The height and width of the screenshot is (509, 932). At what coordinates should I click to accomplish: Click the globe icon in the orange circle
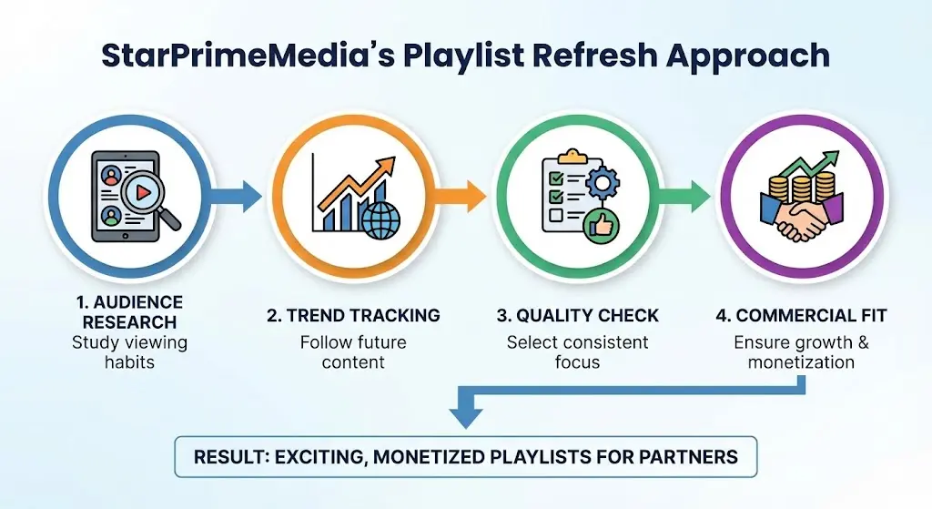coord(380,221)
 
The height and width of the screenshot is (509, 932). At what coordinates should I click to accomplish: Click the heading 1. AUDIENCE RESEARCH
coord(129,312)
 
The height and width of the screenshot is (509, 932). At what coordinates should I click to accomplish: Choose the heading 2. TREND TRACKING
coord(353,316)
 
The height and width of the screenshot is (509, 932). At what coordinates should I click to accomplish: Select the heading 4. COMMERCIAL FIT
coord(801,316)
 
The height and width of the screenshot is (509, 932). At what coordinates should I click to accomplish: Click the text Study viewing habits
coord(129,352)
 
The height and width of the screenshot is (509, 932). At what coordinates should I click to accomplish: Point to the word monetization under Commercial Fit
coord(801,362)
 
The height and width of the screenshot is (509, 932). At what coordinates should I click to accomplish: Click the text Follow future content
coord(353,352)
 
